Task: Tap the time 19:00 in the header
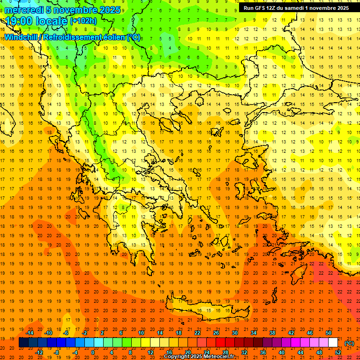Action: tap(21, 21)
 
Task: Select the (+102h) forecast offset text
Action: tap(83, 21)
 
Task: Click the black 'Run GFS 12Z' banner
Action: tap(296, 8)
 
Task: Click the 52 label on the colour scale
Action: tap(338, 352)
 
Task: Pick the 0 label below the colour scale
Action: tap(92, 352)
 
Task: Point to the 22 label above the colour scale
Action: tap(197, 333)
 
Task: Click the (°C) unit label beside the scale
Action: tap(349, 343)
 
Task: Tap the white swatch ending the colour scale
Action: tap(333, 343)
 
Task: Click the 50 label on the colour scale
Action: tap(329, 333)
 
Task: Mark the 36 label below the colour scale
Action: tap(262, 352)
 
